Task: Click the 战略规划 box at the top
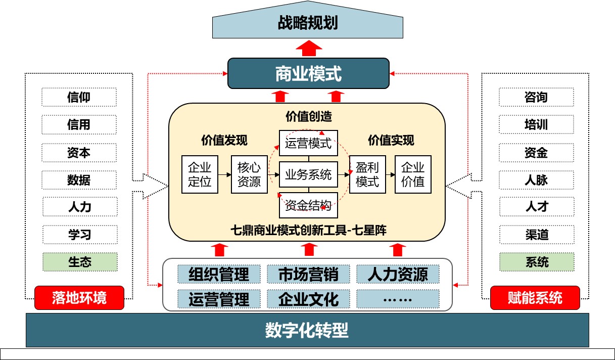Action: (x=307, y=24)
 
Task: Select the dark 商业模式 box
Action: (x=308, y=74)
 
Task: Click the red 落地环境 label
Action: (x=79, y=298)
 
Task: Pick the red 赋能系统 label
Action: (x=535, y=298)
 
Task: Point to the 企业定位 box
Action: (x=200, y=174)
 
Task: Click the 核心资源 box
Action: (x=249, y=174)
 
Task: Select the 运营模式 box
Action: (x=308, y=144)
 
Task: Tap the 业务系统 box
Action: (x=308, y=175)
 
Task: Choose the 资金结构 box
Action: (x=308, y=205)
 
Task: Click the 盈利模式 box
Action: (x=367, y=174)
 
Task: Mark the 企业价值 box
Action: (x=413, y=174)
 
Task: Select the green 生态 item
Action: (x=79, y=262)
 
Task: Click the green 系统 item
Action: (x=536, y=262)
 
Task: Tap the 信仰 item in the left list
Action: (x=79, y=97)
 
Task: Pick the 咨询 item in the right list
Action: (x=536, y=97)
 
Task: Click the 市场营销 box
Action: (x=308, y=274)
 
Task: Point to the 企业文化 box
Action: (x=308, y=299)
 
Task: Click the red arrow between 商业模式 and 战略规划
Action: (x=308, y=49)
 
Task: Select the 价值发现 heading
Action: (x=224, y=140)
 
